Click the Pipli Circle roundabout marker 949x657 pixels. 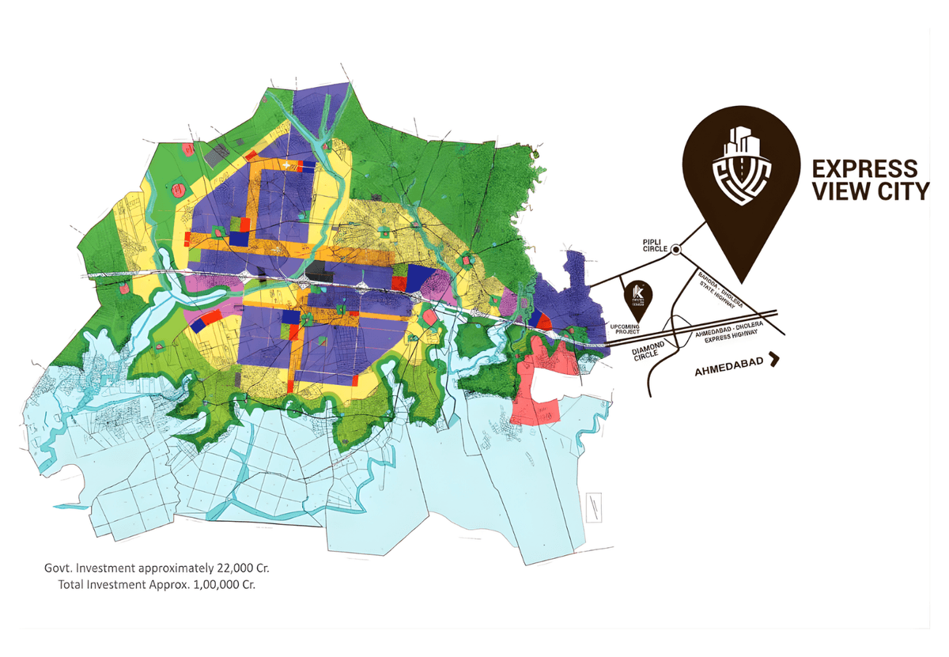(x=676, y=250)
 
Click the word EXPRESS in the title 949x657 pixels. (x=860, y=168)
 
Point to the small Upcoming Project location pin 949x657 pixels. (x=637, y=295)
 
